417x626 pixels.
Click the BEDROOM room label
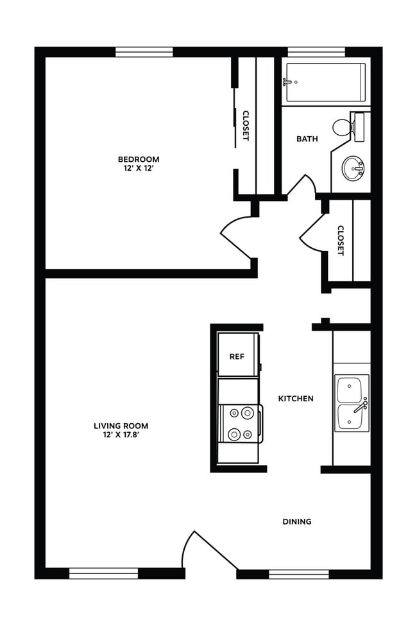click(x=138, y=159)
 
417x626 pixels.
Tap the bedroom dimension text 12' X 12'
click(x=138, y=168)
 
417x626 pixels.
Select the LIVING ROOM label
click(x=121, y=426)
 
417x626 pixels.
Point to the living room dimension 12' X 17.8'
click(x=121, y=435)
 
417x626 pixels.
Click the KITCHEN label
click(x=295, y=399)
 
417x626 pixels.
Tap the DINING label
click(x=296, y=521)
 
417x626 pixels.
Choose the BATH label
click(x=307, y=139)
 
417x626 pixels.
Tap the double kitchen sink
click(x=351, y=403)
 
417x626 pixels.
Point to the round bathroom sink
click(x=352, y=169)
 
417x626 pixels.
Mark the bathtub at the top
click(x=325, y=82)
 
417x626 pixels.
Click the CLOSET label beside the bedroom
click(x=245, y=126)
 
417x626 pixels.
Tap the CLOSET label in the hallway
click(x=341, y=240)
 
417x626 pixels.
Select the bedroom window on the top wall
click(x=144, y=52)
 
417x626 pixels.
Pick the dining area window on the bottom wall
click(x=298, y=573)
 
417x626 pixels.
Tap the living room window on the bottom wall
click(x=103, y=573)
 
